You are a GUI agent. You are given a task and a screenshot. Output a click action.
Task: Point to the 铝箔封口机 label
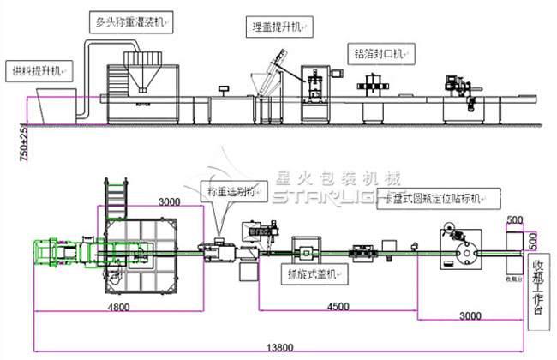[382, 52]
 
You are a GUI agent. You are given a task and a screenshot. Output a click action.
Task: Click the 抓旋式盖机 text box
[316, 275]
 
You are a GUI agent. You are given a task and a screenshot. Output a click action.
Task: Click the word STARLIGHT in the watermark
[326, 199]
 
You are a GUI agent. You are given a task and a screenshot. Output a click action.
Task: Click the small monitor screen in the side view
[225, 87]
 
